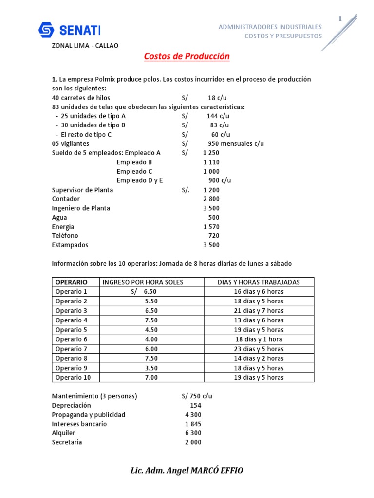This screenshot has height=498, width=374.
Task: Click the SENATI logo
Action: point(69,31)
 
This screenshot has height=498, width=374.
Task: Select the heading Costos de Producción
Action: point(187,57)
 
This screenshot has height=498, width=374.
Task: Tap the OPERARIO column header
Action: point(72,282)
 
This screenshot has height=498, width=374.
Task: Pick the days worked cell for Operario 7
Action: point(259,349)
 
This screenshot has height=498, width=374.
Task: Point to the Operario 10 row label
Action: point(73,377)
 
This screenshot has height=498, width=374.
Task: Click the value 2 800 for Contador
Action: point(211,199)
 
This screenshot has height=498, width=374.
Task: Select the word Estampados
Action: point(70,245)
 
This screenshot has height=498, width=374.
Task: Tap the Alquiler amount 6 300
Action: point(193,433)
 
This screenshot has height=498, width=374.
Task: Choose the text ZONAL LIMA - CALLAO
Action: point(85,46)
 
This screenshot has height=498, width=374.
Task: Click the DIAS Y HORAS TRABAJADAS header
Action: point(259,282)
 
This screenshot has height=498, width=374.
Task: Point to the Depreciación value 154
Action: point(195,405)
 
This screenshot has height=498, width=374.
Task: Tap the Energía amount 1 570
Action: point(211,227)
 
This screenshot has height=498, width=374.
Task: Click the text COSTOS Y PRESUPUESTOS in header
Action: point(283,36)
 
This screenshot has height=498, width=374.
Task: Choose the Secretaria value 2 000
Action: point(193,442)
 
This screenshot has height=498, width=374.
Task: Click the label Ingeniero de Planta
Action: point(81,208)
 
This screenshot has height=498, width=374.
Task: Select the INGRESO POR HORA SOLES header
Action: point(143,282)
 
